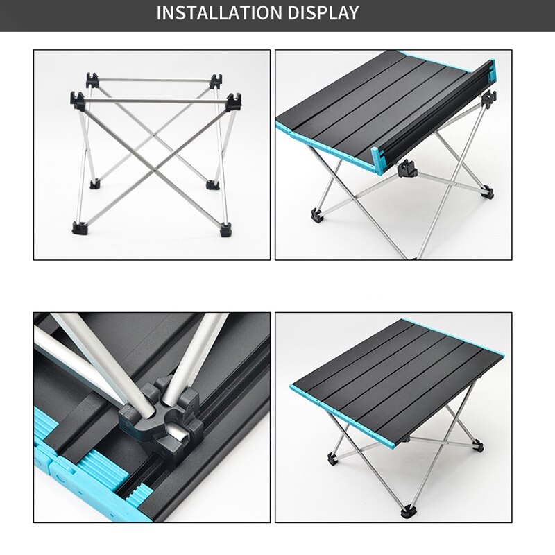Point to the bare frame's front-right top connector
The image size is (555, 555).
coord(232,101)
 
